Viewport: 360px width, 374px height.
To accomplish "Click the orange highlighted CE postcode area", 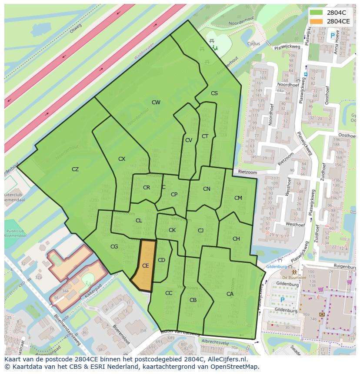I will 145,265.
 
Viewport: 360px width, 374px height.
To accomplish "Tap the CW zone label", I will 156,103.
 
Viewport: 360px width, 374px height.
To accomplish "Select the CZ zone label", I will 75,169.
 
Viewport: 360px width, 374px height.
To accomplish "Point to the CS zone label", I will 214,93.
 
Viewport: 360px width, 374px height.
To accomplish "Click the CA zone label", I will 230,294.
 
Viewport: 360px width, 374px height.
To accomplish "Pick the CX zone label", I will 122,159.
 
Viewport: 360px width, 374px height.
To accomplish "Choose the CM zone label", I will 238,198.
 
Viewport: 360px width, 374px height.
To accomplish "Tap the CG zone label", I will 114,247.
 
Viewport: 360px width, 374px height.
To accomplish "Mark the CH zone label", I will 236,239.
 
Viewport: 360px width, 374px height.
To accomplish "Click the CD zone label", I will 161,260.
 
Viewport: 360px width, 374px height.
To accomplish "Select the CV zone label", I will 189,140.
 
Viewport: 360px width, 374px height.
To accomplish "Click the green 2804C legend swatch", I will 316,13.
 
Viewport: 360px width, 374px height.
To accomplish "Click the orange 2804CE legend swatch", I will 316,21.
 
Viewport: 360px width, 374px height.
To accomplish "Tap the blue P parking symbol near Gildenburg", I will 282,300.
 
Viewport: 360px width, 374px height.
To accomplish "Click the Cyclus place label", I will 253,43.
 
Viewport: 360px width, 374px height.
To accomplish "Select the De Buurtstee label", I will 294,277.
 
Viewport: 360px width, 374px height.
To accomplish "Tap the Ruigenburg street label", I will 346,265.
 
